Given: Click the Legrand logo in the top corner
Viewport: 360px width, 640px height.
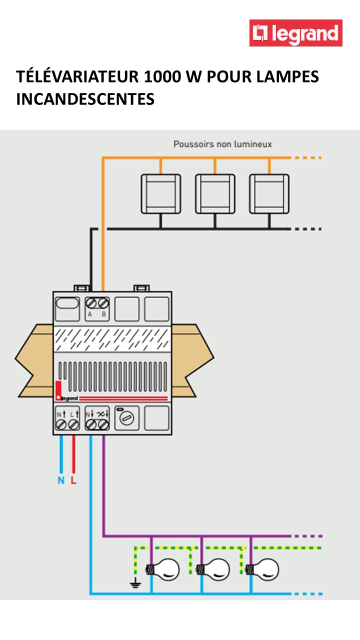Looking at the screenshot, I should (x=296, y=33).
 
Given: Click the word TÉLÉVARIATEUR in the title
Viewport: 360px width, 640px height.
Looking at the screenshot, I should (x=77, y=77).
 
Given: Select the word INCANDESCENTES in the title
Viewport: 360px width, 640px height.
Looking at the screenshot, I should (x=85, y=98).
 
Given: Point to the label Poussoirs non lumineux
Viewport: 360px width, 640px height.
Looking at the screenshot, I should (x=222, y=144).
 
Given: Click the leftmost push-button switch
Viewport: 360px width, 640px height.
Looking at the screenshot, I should (x=160, y=194).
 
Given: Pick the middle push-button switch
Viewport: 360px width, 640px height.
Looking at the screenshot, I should (x=215, y=194).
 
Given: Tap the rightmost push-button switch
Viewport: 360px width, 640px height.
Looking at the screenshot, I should (x=269, y=194).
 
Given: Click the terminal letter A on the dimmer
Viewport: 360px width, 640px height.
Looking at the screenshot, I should (x=90, y=314).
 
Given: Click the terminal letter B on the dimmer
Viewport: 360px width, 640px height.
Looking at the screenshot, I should (x=104, y=314).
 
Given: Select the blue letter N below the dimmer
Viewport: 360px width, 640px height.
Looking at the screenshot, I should (x=61, y=481).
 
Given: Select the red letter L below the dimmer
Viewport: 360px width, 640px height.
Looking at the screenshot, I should (x=73, y=481).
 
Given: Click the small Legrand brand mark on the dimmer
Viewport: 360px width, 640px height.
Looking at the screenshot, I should (x=68, y=398).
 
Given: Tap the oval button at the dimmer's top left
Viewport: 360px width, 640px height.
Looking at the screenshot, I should (x=67, y=303).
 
